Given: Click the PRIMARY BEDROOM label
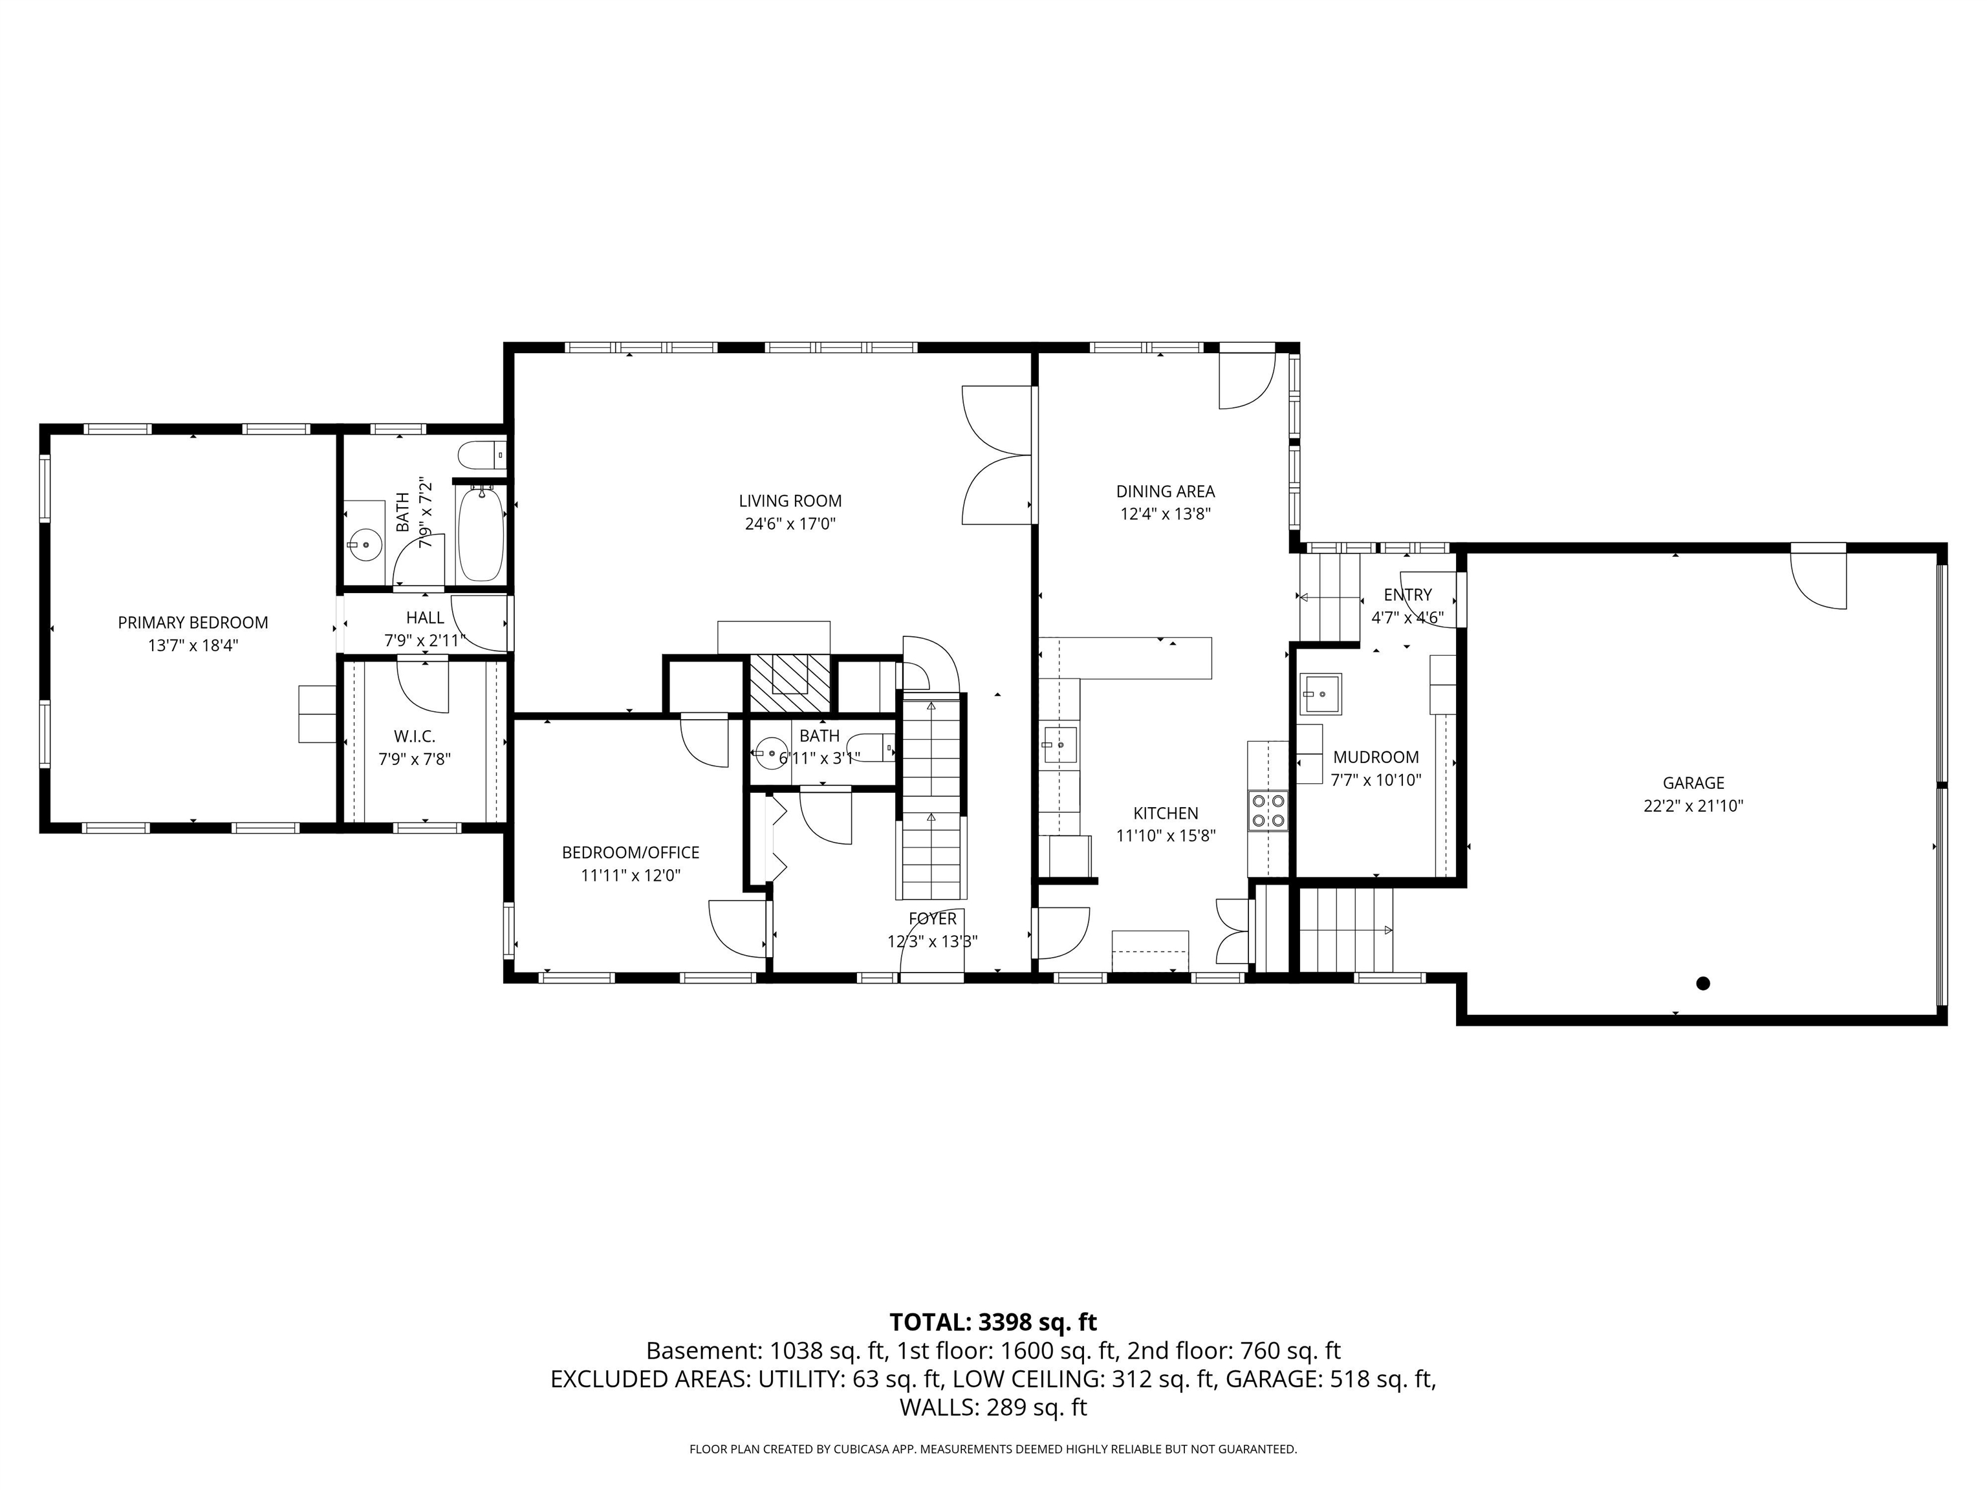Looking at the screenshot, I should click(x=193, y=622).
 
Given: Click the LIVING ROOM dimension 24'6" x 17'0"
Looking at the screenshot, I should click(x=790, y=524).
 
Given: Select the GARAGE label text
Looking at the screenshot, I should click(x=1693, y=783).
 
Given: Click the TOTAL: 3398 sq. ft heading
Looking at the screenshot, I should click(x=993, y=1322).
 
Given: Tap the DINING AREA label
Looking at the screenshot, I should click(x=1165, y=491).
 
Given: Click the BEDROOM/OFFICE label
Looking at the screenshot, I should click(x=631, y=852).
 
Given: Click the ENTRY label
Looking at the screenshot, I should click(x=1407, y=594).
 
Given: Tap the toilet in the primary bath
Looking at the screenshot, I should click(x=481, y=455).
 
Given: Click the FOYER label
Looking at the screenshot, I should click(x=933, y=919).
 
